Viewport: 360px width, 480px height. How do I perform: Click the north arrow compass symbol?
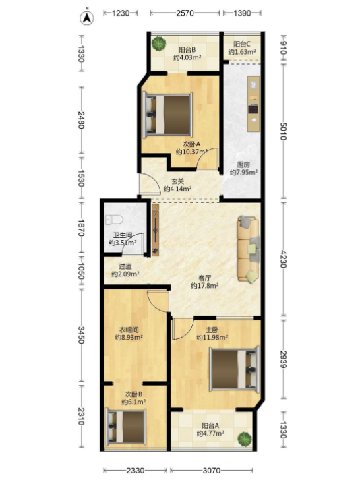[x=87, y=18]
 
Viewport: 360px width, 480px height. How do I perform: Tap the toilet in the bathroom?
[x=114, y=220]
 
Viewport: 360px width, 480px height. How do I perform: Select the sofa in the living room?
[x=248, y=249]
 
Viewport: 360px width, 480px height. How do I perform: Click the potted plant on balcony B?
[x=159, y=44]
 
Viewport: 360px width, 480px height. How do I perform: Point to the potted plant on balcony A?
[x=245, y=439]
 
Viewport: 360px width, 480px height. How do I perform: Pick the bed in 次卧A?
[x=168, y=115]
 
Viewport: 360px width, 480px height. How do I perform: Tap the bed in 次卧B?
[x=125, y=427]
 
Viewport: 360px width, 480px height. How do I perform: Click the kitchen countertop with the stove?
[x=253, y=104]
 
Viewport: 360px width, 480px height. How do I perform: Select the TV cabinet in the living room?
[x=156, y=230]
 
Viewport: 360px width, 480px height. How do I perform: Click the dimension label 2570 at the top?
[x=185, y=13]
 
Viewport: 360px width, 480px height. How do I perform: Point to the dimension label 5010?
[x=283, y=131]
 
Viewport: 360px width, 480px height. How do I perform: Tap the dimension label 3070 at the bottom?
[x=211, y=470]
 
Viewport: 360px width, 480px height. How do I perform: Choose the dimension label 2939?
[x=283, y=359]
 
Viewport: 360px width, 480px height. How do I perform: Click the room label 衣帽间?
[x=129, y=330]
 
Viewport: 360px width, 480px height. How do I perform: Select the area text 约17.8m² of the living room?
[x=204, y=286]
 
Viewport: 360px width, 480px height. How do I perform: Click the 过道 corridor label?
[x=125, y=267]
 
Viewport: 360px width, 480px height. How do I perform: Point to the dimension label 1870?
[x=80, y=227]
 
